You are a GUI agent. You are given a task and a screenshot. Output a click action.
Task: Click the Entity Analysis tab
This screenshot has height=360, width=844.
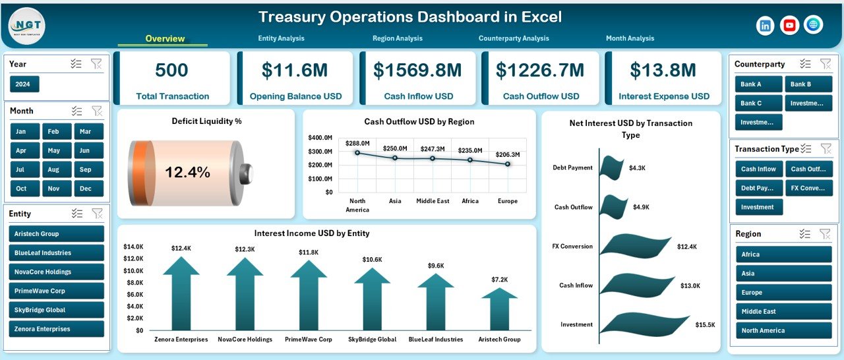click(281, 38)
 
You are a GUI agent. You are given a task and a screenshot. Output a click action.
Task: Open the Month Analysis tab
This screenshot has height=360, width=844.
click(630, 38)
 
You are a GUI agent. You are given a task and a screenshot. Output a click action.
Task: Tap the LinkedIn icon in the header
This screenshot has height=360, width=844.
click(766, 25)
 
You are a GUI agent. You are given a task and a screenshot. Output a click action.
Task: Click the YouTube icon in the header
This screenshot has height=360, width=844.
click(789, 25)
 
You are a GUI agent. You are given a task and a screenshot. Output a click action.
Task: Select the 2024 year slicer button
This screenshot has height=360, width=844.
click(24, 84)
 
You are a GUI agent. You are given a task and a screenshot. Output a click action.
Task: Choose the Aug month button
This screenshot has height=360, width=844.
click(53, 169)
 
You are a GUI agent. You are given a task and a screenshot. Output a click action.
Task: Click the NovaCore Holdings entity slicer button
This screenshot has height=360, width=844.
click(57, 272)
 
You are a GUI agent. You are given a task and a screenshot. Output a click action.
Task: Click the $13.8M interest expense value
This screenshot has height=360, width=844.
click(663, 71)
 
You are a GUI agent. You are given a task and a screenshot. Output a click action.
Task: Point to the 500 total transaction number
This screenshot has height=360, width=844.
click(171, 71)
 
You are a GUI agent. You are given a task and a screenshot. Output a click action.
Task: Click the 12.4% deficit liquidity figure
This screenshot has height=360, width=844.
click(187, 173)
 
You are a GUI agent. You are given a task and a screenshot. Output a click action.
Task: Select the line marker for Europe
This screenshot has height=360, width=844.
click(508, 164)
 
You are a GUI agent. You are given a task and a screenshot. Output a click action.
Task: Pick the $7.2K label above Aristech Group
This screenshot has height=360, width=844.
click(499, 280)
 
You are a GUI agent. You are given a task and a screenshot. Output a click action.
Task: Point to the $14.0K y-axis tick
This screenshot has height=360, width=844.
click(134, 246)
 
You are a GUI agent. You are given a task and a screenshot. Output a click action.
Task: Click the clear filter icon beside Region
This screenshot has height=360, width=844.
click(825, 233)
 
